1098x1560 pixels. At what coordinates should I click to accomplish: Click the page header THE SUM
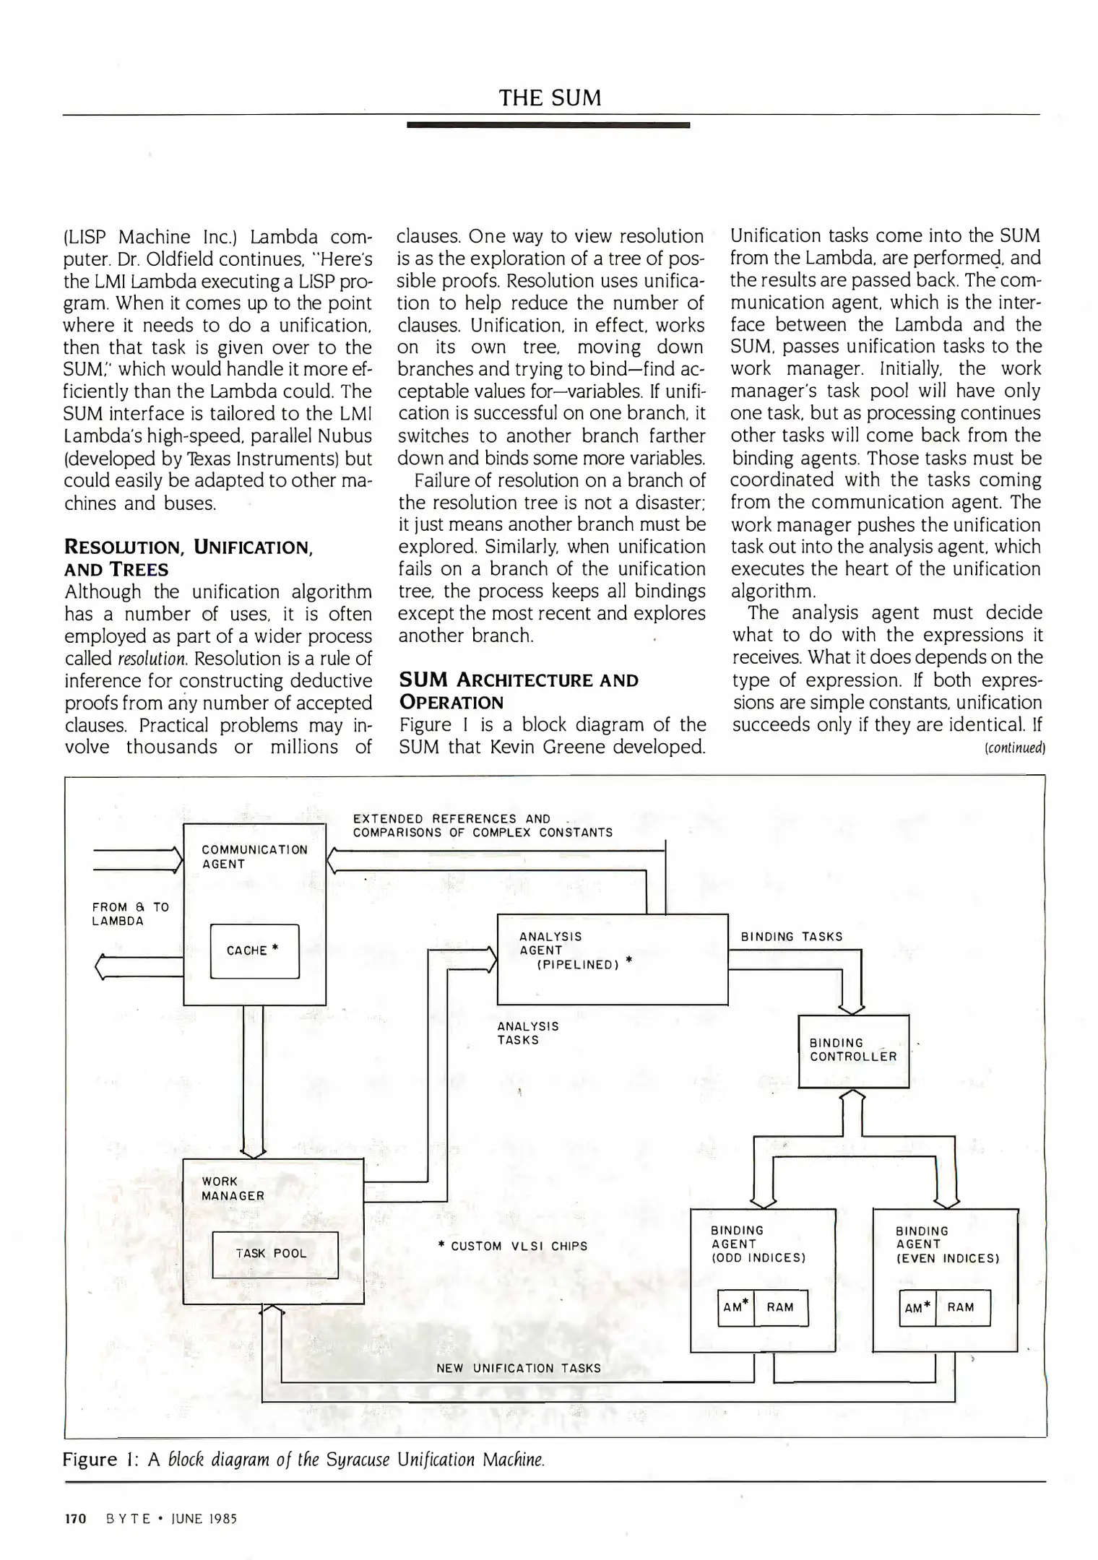tap(550, 98)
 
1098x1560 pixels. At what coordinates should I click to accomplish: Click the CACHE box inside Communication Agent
tap(254, 951)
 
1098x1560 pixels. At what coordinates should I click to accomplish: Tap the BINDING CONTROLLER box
tap(853, 1050)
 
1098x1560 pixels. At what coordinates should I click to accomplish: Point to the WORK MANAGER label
tap(233, 1189)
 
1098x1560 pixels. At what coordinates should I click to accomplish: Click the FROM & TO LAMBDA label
tap(130, 914)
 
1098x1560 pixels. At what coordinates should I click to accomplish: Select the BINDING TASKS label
tap(792, 937)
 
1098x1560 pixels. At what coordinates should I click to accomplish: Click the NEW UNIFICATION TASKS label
tap(518, 1369)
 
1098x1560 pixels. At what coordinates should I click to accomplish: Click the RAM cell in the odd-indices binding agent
tap(780, 1307)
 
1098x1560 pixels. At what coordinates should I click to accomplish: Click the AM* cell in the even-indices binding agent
tap(917, 1308)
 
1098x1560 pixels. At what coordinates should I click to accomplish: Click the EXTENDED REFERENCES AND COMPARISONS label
tap(482, 825)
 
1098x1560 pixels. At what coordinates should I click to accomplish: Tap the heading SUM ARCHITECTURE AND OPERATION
tap(518, 691)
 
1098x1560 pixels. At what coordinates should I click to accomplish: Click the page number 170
tap(75, 1519)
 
